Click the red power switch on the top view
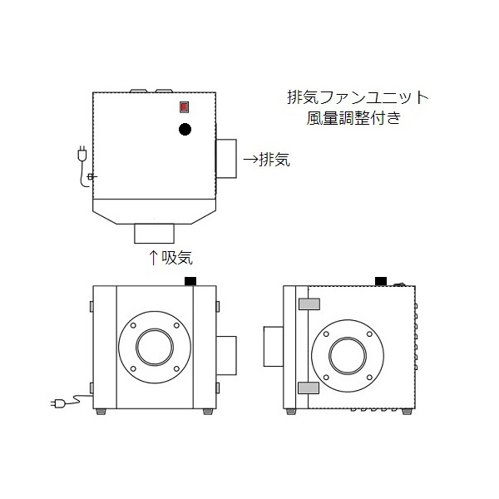pos(184,107)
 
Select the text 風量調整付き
pos(353,118)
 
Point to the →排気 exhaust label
pos(265,159)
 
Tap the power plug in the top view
pos(82,154)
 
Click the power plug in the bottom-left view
pos(60,404)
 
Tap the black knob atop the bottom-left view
pos(190,280)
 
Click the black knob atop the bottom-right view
pos(382,280)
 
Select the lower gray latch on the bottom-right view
pos(309,388)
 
